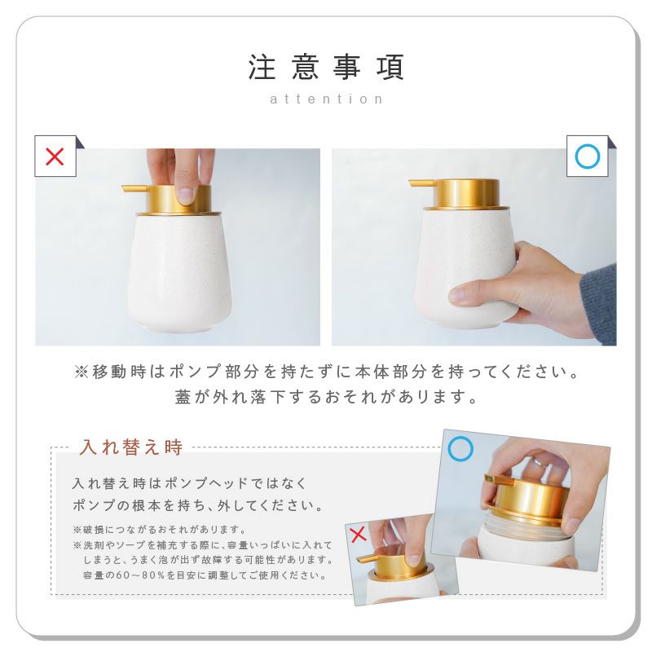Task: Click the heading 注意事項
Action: coord(326,67)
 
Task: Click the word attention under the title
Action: coord(326,99)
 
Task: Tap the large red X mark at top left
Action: coord(55,156)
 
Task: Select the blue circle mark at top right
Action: coord(587,156)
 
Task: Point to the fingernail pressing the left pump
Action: coord(186,196)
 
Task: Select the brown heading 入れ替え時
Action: coord(131,447)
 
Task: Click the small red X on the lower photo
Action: coord(358,535)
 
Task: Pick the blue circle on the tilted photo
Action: coord(460,449)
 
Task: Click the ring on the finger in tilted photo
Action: coord(537,463)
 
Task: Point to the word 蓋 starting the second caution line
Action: coord(183,397)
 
